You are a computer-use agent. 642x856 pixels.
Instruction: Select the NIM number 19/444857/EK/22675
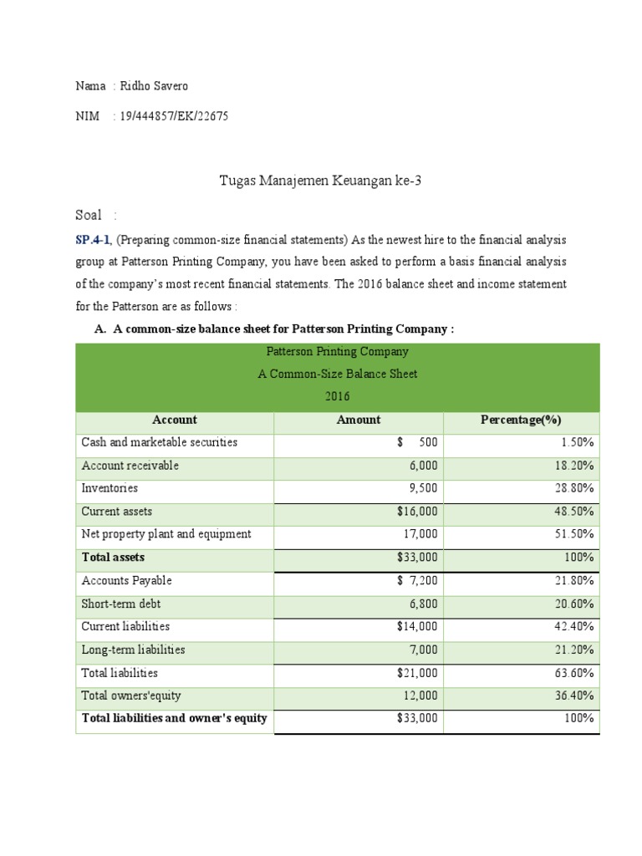[x=174, y=116]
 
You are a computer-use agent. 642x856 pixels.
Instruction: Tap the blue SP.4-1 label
[x=93, y=240]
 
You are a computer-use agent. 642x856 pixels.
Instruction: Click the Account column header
[x=175, y=420]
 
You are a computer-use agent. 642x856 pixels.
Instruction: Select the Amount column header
[x=358, y=420]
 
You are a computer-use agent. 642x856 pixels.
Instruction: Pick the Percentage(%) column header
[x=521, y=420]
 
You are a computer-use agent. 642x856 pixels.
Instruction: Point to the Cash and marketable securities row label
[x=159, y=442]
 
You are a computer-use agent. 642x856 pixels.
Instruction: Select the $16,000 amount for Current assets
[x=416, y=512]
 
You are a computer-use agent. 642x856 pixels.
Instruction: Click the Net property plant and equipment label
[x=166, y=534]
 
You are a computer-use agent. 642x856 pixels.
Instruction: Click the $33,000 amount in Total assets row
[x=416, y=558]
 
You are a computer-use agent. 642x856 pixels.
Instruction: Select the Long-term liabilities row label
[x=133, y=650]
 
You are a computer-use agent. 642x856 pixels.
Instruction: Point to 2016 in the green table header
[x=337, y=396]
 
